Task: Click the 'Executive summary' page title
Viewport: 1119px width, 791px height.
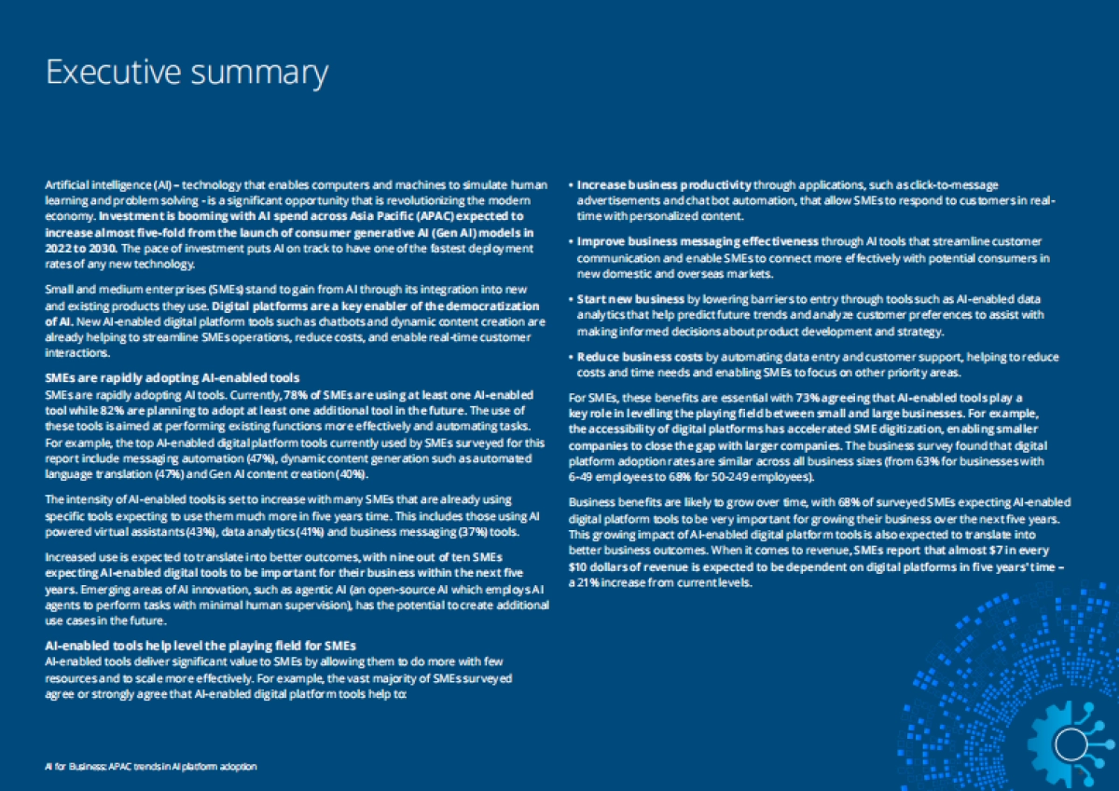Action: [x=186, y=72]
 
